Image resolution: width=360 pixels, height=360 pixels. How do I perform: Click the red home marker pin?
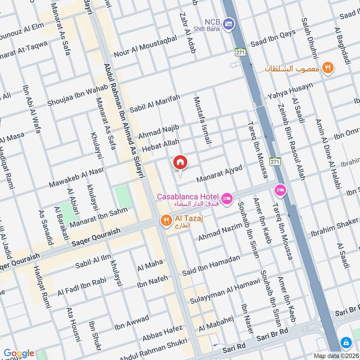click(x=180, y=162)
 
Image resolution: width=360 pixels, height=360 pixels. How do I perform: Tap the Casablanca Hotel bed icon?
click(x=227, y=198)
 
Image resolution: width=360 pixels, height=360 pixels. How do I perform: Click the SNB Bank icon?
click(x=229, y=22)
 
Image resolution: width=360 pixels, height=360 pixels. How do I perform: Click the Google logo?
click(x=19, y=353)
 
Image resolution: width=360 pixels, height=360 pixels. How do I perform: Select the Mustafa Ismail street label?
click(x=202, y=120)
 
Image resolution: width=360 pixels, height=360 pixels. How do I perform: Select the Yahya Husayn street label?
click(x=291, y=91)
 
